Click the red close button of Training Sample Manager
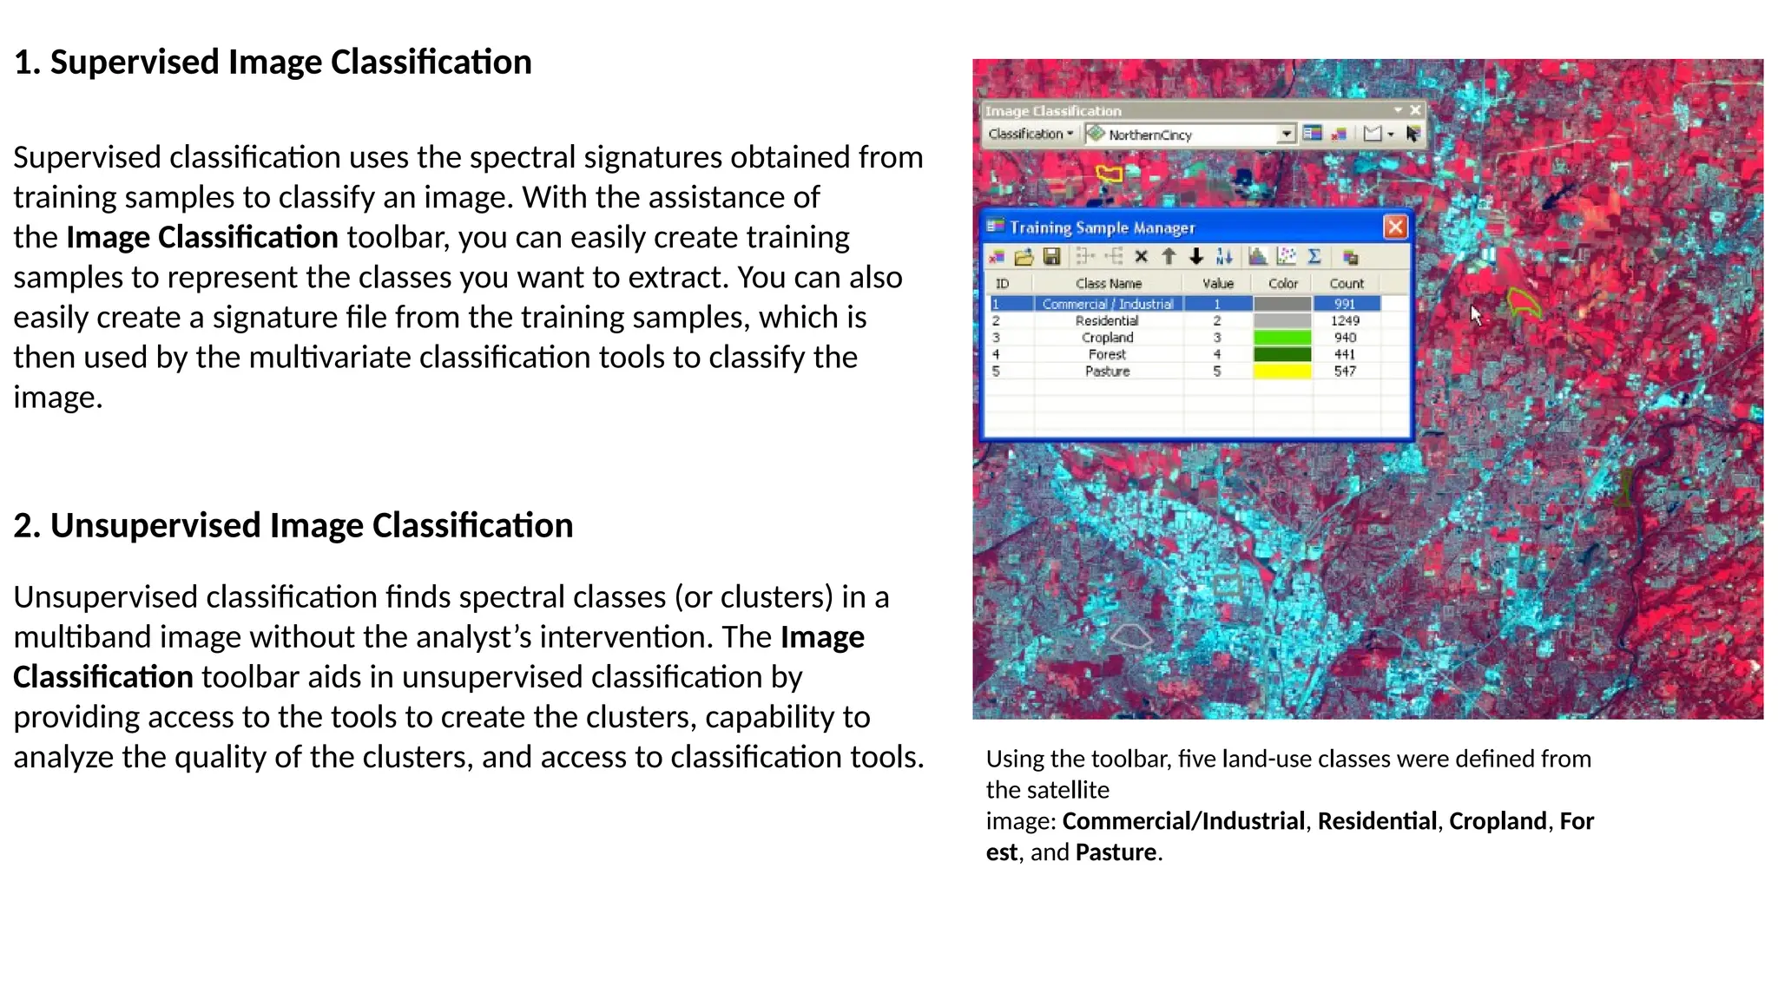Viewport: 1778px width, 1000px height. pos(1394,227)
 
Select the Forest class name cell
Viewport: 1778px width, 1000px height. pos(1107,354)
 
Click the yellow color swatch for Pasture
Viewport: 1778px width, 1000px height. pos(1282,372)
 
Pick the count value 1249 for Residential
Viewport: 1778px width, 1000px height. pos(1345,320)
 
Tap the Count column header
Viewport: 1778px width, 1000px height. pos(1347,284)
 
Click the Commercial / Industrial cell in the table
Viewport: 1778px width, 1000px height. pos(1108,304)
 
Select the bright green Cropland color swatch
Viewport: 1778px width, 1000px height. pos(1282,338)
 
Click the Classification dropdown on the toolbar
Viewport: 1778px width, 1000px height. pos(1031,135)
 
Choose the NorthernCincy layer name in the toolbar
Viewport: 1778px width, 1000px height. pos(1149,135)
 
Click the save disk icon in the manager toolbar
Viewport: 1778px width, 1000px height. pos(1051,257)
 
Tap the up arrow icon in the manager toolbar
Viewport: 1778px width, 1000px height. pos(1169,257)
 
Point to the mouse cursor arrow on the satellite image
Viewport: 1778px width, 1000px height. pos(1475,313)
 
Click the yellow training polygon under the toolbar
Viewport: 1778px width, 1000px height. pos(1109,174)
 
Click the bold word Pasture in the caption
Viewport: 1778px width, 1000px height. pos(1116,852)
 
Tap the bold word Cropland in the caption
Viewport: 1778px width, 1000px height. pos(1498,821)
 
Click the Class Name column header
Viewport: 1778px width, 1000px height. pos(1108,284)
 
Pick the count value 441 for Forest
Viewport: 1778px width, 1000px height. pos(1345,354)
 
